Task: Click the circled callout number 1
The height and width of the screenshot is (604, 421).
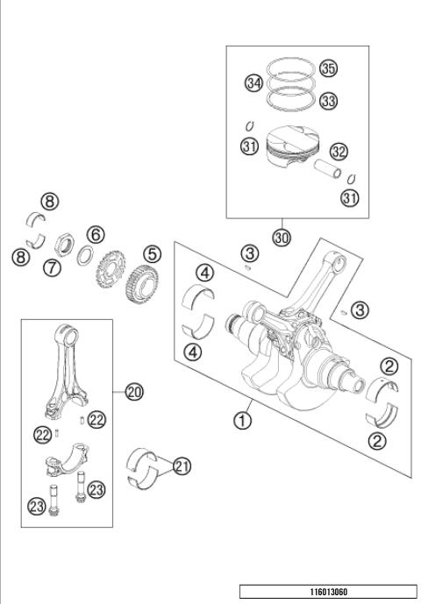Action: coord(242,420)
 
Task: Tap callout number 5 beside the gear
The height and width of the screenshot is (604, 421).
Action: coord(153,253)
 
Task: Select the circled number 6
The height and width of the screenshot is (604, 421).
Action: coord(96,234)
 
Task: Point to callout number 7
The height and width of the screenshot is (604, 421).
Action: coord(53,268)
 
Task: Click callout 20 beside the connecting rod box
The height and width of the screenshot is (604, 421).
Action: coord(134,392)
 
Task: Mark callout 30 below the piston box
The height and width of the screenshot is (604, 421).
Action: coord(282,237)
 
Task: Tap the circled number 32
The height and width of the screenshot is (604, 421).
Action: coord(339,152)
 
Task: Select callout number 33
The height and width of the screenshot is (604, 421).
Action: coord(329,102)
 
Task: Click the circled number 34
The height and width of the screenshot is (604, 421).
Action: coord(254,83)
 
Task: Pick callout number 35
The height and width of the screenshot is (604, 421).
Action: coord(329,68)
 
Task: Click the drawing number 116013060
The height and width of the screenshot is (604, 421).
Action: coord(328,593)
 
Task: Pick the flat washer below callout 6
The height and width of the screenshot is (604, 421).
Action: coord(87,255)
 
